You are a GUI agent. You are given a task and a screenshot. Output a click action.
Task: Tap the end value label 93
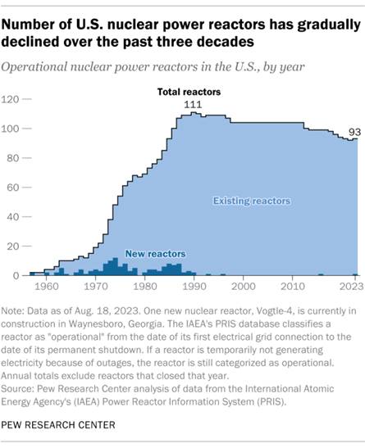coord(354,131)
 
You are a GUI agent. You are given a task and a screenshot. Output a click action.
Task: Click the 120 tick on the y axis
coord(14,99)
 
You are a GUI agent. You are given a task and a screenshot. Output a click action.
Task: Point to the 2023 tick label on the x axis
coord(348,287)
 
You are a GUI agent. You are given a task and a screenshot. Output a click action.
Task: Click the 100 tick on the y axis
coord(14,129)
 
